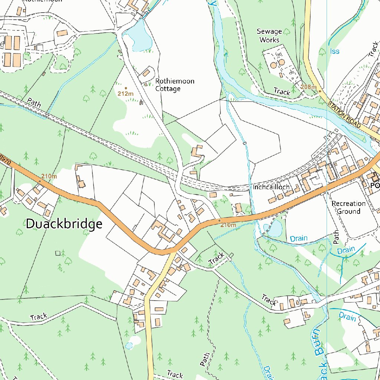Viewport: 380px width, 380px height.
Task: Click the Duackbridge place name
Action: (64, 224)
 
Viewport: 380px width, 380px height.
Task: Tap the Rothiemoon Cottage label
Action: (174, 85)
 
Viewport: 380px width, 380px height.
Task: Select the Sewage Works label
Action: (269, 36)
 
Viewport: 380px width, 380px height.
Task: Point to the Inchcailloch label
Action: (271, 187)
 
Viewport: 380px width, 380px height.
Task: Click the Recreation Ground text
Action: (348, 207)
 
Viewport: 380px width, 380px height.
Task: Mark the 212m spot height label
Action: (125, 94)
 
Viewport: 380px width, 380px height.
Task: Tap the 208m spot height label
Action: (308, 87)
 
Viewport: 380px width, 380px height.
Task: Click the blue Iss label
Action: (334, 51)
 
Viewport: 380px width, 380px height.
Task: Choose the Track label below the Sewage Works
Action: (282, 91)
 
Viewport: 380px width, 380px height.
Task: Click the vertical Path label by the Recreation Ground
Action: (336, 237)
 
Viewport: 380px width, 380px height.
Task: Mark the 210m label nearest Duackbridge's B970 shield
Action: (49, 176)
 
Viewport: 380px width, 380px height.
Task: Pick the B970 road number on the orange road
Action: (5, 159)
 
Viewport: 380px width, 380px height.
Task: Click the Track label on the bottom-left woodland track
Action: (39, 317)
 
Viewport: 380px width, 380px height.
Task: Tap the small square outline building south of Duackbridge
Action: (58, 253)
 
